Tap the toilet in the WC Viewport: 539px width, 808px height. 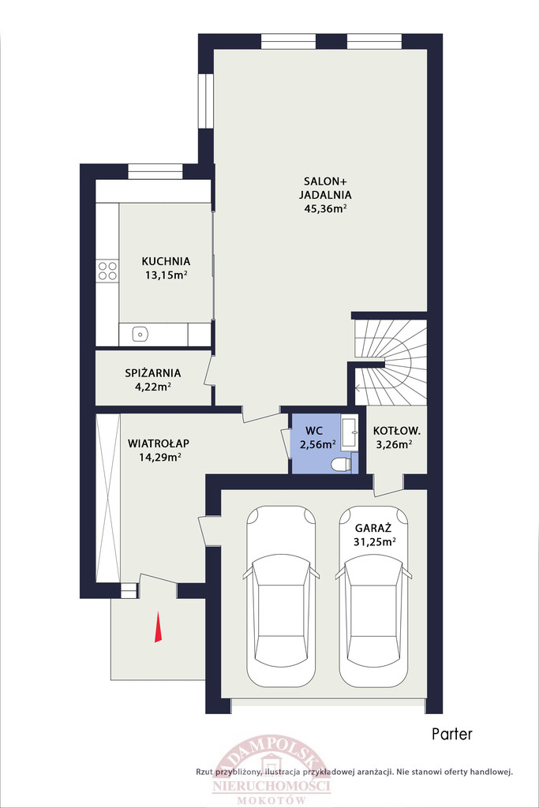341,464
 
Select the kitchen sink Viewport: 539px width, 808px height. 140,335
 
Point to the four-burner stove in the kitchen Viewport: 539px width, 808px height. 107,271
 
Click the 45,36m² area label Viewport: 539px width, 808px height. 324,208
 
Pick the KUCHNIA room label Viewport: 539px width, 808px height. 166,261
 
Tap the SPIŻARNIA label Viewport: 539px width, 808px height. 153,372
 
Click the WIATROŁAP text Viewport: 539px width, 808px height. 159,443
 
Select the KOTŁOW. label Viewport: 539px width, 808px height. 397,431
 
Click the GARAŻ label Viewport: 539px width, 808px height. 373,528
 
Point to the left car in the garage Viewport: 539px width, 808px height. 281,597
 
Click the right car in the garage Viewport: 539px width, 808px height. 373,597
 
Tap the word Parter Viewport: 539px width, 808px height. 452,733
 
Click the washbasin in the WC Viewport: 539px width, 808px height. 350,433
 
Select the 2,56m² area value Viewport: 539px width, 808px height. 318,444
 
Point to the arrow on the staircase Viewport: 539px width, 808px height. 369,387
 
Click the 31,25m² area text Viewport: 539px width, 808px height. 375,541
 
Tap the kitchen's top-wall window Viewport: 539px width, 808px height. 155,171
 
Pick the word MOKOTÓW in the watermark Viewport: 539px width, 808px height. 271,800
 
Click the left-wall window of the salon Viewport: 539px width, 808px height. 206,101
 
